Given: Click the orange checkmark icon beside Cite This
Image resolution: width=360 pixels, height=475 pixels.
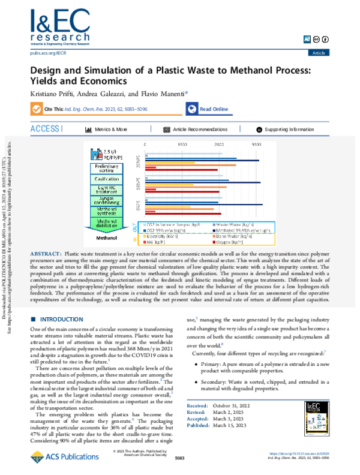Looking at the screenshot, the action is tap(36, 109).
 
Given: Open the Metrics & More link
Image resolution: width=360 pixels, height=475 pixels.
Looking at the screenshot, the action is tap(110, 129).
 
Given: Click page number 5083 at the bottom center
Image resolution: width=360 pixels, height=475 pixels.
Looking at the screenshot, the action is tap(179, 458).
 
